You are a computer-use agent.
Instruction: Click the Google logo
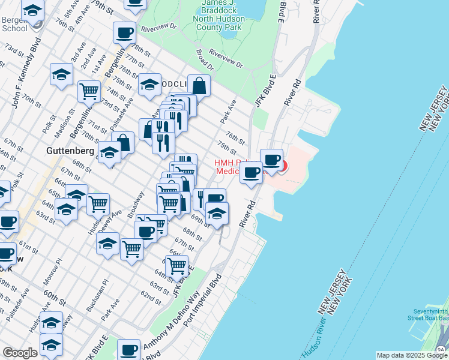[20, 353]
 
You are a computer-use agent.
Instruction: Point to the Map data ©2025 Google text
[411, 355]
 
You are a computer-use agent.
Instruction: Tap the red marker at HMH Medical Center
[281, 166]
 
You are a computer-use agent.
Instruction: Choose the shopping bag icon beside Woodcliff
[198, 85]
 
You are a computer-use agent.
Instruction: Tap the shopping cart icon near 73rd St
[89, 91]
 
